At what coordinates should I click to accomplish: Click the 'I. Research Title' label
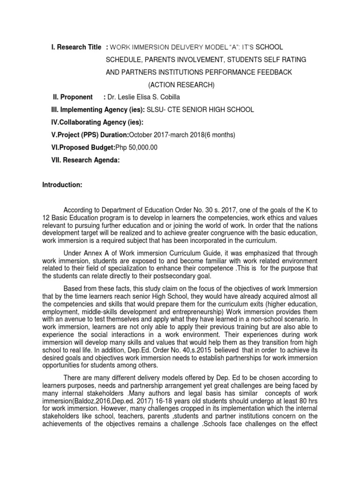pyautogui.click(x=75, y=47)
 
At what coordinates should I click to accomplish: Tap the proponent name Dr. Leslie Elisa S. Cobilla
pyautogui.click(x=143, y=97)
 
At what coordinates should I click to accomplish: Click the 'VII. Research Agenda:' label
pyautogui.click(x=85, y=160)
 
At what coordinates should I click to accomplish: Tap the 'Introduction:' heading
pyautogui.click(x=62, y=186)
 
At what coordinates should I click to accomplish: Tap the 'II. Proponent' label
pyautogui.click(x=73, y=97)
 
